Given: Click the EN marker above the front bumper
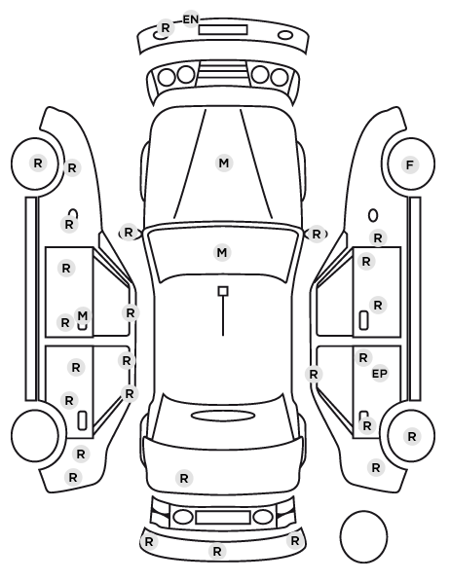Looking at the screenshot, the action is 191,19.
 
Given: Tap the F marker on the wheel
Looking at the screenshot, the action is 410,165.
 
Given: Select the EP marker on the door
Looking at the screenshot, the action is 380,374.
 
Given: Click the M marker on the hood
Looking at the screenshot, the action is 224,164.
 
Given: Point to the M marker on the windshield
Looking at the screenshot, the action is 222,253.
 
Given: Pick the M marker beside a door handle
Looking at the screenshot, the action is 83,316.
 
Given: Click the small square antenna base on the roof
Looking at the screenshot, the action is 223,291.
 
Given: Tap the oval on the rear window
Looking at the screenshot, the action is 223,416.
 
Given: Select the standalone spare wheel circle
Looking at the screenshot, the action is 363,536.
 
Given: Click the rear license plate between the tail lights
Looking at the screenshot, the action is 223,517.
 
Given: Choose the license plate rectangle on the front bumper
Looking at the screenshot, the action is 223,30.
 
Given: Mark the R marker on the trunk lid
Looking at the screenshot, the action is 184,479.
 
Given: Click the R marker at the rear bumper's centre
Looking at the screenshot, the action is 217,552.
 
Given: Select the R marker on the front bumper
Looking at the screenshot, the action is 166,28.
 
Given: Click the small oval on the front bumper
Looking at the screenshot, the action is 285,35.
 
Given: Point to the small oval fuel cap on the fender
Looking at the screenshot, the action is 373,216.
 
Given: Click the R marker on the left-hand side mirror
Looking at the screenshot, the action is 129,233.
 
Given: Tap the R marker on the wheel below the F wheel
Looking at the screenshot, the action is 411,437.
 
